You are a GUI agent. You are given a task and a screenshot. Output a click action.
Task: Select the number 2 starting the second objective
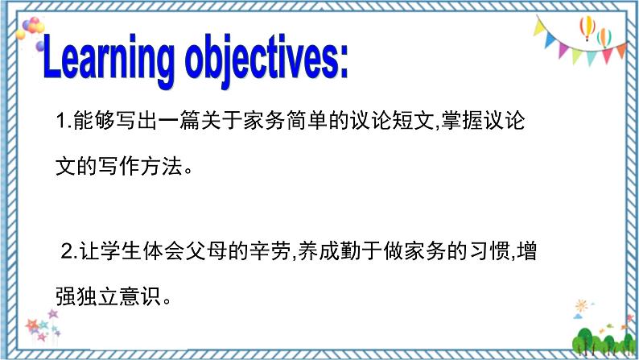point(68,250)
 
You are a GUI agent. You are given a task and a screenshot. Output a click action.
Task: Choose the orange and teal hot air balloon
point(604,36)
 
